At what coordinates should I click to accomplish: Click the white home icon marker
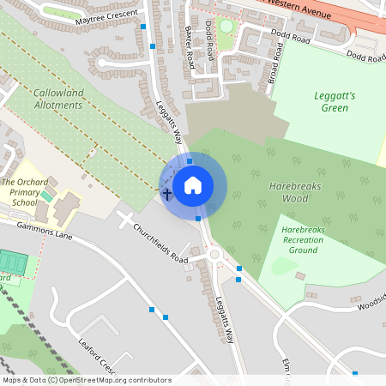193,185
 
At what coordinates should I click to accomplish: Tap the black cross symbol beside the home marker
167,195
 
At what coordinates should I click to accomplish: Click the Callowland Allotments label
59,99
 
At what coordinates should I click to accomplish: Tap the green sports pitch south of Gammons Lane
12,261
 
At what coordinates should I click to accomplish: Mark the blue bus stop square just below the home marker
198,218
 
